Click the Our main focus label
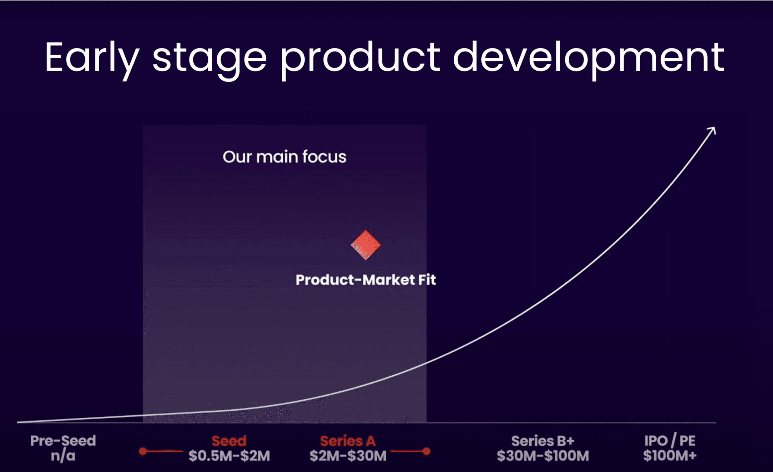(284, 157)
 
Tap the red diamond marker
(366, 245)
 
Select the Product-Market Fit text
(366, 280)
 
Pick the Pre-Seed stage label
(63, 441)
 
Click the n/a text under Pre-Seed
(63, 456)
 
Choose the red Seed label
(229, 441)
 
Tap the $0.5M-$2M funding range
(229, 456)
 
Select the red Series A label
(348, 441)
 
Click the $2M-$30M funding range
(348, 456)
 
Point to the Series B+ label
(543, 441)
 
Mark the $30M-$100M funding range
(543, 456)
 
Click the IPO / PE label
(670, 441)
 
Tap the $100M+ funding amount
(670, 455)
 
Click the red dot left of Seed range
(143, 451)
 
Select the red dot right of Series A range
(426, 451)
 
